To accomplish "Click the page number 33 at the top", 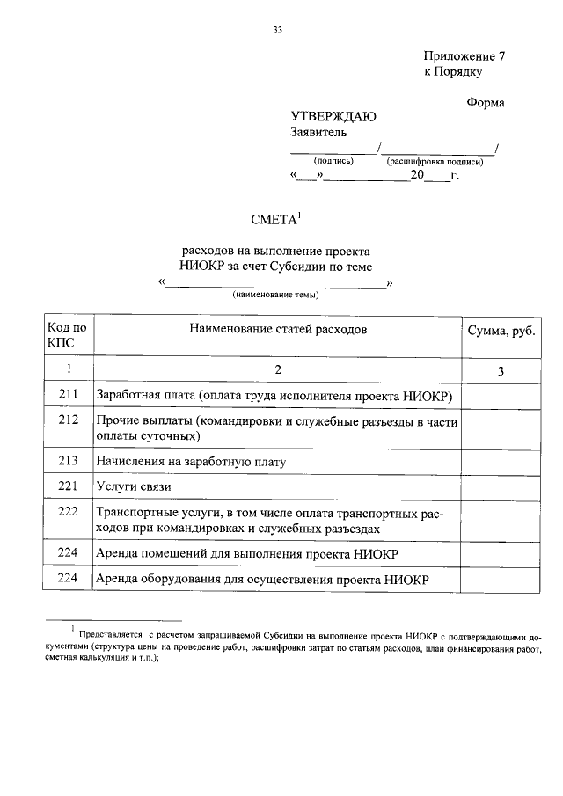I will point(277,30).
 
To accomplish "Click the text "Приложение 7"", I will point(464,55).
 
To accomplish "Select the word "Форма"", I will point(485,102).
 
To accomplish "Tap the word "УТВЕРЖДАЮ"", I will point(333,117).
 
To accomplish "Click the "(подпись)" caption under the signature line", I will point(333,162).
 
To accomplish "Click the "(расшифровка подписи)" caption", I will point(434,162).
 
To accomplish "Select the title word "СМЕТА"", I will point(274,220).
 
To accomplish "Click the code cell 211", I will point(68,396).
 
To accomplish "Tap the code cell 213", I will point(68,460).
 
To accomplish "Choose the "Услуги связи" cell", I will point(134,486).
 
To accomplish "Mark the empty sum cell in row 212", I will point(499,428).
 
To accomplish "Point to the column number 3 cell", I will point(499,371).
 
